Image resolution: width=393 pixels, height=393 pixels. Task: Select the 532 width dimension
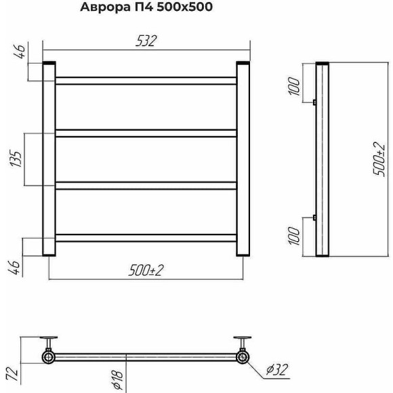(146, 41)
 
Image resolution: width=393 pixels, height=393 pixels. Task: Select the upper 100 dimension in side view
(293, 86)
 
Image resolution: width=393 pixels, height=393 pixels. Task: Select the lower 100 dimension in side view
(293, 236)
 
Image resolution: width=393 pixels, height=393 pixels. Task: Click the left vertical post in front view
(49, 159)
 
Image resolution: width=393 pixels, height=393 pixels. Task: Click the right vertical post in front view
(243, 159)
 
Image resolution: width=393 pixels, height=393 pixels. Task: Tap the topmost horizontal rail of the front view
(146, 81)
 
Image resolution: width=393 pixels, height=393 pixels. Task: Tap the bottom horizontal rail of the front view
(146, 237)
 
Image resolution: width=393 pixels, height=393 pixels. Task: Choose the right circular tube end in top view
(241, 356)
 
